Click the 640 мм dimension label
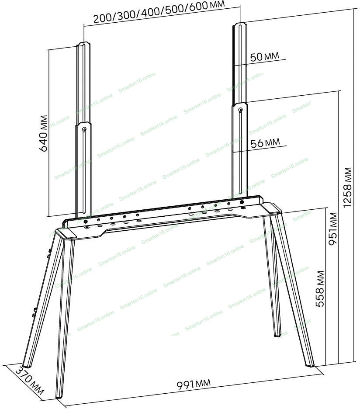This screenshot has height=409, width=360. click(43, 133)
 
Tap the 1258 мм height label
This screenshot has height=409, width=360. click(347, 187)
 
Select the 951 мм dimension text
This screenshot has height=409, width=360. click(333, 229)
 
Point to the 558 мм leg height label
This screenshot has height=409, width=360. click(320, 288)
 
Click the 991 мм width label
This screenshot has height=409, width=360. click(194, 384)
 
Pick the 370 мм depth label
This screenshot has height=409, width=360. click(29, 381)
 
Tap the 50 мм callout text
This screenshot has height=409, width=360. click(264, 56)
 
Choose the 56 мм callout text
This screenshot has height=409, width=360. click(265, 143)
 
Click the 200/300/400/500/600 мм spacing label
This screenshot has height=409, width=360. click(159, 11)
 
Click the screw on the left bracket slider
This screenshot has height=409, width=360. click(84, 129)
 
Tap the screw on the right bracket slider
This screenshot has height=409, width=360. click(241, 110)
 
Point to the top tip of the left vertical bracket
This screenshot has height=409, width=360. click(84, 42)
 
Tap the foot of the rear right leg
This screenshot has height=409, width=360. click(277, 335)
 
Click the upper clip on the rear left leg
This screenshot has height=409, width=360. click(49, 253)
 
